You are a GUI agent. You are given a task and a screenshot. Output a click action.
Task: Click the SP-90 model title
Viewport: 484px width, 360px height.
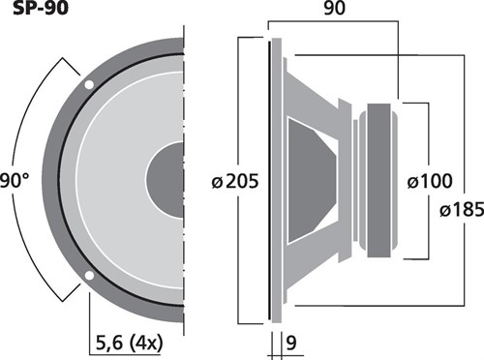point(41,8)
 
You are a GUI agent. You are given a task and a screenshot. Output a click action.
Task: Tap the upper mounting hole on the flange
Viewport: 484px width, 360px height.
point(89,84)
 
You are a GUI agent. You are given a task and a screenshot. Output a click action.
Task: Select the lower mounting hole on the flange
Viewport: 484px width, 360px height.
point(89,276)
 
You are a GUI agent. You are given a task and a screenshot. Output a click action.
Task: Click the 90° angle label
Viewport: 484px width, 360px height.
point(15,181)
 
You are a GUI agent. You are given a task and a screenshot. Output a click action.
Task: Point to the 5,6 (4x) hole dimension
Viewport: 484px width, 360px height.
point(129,343)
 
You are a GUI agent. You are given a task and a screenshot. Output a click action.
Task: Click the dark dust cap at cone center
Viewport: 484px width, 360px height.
point(166,180)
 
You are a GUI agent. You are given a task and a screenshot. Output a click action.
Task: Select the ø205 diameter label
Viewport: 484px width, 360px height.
point(235,181)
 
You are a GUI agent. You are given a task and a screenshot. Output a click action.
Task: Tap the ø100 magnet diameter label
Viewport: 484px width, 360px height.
point(430,181)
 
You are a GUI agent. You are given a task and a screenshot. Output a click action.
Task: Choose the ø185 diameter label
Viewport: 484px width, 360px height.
point(462,210)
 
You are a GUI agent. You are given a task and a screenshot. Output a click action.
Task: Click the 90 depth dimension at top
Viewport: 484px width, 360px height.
point(334,8)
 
